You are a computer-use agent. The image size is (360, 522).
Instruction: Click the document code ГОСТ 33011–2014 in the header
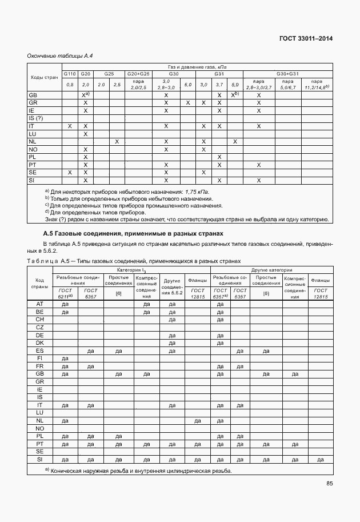[305, 39]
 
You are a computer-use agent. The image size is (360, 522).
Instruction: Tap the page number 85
[329, 484]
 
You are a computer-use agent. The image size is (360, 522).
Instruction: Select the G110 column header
[70, 74]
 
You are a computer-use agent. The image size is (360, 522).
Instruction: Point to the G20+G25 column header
[138, 74]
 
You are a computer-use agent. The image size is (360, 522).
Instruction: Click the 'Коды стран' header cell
[44, 77]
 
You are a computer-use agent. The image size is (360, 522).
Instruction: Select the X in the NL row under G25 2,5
[117, 141]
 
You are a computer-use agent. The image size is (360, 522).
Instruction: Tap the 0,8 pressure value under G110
[70, 85]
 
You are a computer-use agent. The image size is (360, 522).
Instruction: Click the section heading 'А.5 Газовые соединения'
[133, 234]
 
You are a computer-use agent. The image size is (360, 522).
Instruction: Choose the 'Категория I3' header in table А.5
[131, 269]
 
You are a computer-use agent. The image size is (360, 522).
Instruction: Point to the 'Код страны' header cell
[40, 284]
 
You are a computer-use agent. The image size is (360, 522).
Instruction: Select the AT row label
[40, 304]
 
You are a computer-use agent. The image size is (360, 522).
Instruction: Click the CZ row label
[40, 327]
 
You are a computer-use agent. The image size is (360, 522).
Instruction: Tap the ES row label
[40, 350]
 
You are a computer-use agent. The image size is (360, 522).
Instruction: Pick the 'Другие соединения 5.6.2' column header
[173, 286]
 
